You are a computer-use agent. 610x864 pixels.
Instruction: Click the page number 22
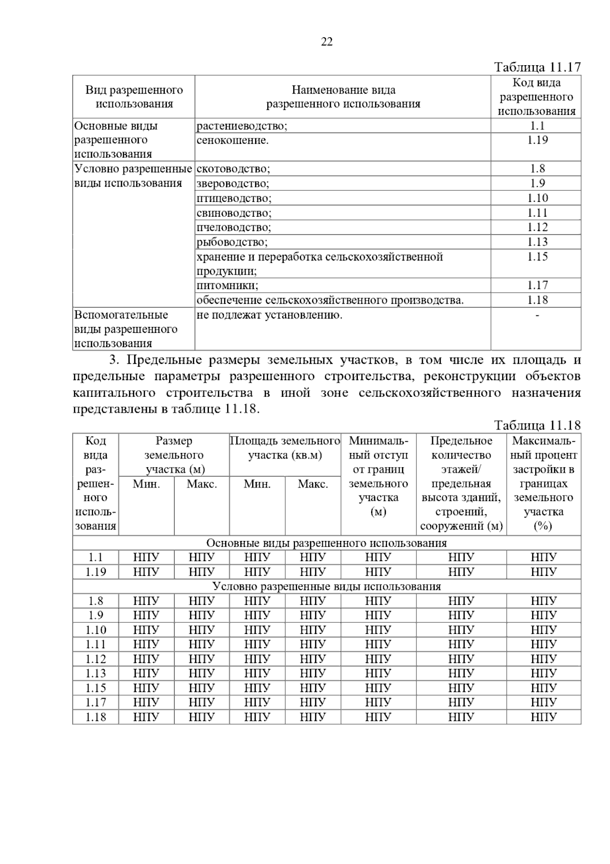(x=327, y=42)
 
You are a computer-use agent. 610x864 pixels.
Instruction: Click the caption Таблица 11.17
(x=537, y=67)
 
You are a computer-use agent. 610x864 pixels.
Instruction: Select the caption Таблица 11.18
(x=537, y=425)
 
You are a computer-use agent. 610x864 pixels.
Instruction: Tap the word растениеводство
(x=241, y=126)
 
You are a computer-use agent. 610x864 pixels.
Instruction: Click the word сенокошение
(x=232, y=140)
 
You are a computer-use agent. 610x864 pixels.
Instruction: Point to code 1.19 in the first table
(x=537, y=140)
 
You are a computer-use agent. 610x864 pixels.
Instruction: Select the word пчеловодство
(x=234, y=227)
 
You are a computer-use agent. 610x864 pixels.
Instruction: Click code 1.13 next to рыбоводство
(x=537, y=242)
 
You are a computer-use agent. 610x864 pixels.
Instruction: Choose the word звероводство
(x=233, y=184)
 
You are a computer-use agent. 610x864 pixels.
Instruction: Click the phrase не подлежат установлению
(x=269, y=315)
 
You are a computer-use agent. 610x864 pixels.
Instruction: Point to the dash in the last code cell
(x=537, y=315)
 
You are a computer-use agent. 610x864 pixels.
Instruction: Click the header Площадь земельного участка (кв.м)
(x=285, y=448)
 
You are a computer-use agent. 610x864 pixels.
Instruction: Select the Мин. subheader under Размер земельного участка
(x=146, y=484)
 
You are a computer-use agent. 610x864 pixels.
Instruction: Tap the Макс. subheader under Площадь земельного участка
(x=313, y=484)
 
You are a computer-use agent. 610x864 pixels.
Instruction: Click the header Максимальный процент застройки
(x=543, y=483)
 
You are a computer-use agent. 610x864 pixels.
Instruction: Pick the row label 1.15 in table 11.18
(x=96, y=688)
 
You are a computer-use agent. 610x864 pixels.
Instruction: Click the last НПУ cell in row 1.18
(x=543, y=717)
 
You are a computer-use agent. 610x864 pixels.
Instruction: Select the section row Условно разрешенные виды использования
(x=326, y=587)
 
